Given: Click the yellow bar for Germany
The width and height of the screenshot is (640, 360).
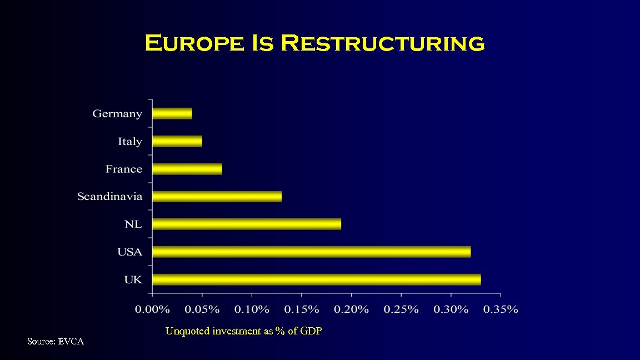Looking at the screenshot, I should coord(172,113).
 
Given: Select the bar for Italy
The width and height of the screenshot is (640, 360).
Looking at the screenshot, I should coord(177,141).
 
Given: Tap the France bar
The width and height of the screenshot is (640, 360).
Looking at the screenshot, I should coord(187,169).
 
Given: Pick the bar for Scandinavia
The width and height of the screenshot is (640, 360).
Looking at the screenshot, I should coord(217,196).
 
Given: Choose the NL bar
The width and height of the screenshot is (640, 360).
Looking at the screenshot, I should coord(247,224).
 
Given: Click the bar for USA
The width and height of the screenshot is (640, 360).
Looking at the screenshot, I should coord(311,252).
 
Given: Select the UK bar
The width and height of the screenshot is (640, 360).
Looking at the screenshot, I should coord(316,279).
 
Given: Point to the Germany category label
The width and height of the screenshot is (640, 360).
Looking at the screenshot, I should coord(117,114).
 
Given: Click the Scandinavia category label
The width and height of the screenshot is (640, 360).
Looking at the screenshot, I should coord(109,197).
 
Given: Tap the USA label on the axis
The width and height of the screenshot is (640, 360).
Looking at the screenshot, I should coord(129,252).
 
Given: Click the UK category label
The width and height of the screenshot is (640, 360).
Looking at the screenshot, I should coord(133,280).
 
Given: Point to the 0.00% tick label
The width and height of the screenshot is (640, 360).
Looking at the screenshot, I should coord(152,309).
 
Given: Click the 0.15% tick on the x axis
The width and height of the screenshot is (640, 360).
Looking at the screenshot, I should coord(302,309).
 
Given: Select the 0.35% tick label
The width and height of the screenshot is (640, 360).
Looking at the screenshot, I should coord(501,309).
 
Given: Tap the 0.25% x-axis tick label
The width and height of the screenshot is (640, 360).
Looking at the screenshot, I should coord(401,309).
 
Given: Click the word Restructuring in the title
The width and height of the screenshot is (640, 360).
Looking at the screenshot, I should coord(383,43).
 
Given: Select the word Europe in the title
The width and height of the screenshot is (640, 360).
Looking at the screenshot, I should coord(194,43).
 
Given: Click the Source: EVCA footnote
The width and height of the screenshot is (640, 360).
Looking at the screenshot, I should coord(56,342).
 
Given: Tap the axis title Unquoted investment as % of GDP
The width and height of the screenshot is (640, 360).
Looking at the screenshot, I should coord(243,331).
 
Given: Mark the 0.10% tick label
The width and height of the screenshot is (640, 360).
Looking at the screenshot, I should coord(252,309).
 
